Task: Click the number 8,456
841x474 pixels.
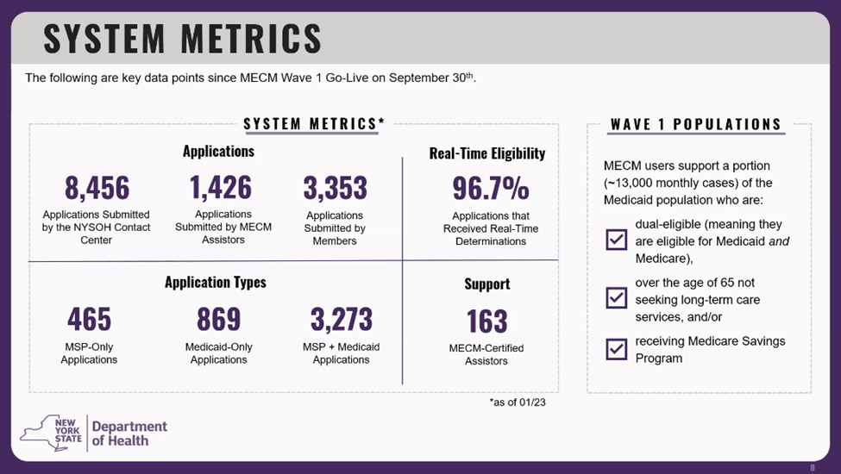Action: pyautogui.click(x=97, y=187)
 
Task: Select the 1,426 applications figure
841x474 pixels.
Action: pyautogui.click(x=221, y=187)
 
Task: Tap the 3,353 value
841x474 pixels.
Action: pyautogui.click(x=335, y=187)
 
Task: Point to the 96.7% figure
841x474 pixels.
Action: pyautogui.click(x=490, y=187)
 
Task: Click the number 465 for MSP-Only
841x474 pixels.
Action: pyautogui.click(x=89, y=320)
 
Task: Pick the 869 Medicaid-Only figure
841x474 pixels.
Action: pyautogui.click(x=218, y=320)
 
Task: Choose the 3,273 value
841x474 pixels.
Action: pyautogui.click(x=341, y=320)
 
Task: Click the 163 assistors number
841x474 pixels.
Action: pyautogui.click(x=486, y=321)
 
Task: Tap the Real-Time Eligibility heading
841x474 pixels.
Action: pyautogui.click(x=487, y=153)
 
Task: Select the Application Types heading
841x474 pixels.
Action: pyautogui.click(x=215, y=282)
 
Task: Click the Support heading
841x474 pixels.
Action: pyautogui.click(x=486, y=284)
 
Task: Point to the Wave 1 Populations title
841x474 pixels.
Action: pyautogui.click(x=695, y=124)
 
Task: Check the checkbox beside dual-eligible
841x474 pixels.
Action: pyautogui.click(x=617, y=239)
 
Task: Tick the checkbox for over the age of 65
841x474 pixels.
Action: pyautogui.click(x=617, y=297)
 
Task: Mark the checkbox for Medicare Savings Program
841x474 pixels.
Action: pyautogui.click(x=617, y=349)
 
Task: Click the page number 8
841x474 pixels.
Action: pyautogui.click(x=812, y=467)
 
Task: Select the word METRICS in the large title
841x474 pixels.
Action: pyautogui.click(x=251, y=39)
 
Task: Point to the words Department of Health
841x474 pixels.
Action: pyautogui.click(x=129, y=433)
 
